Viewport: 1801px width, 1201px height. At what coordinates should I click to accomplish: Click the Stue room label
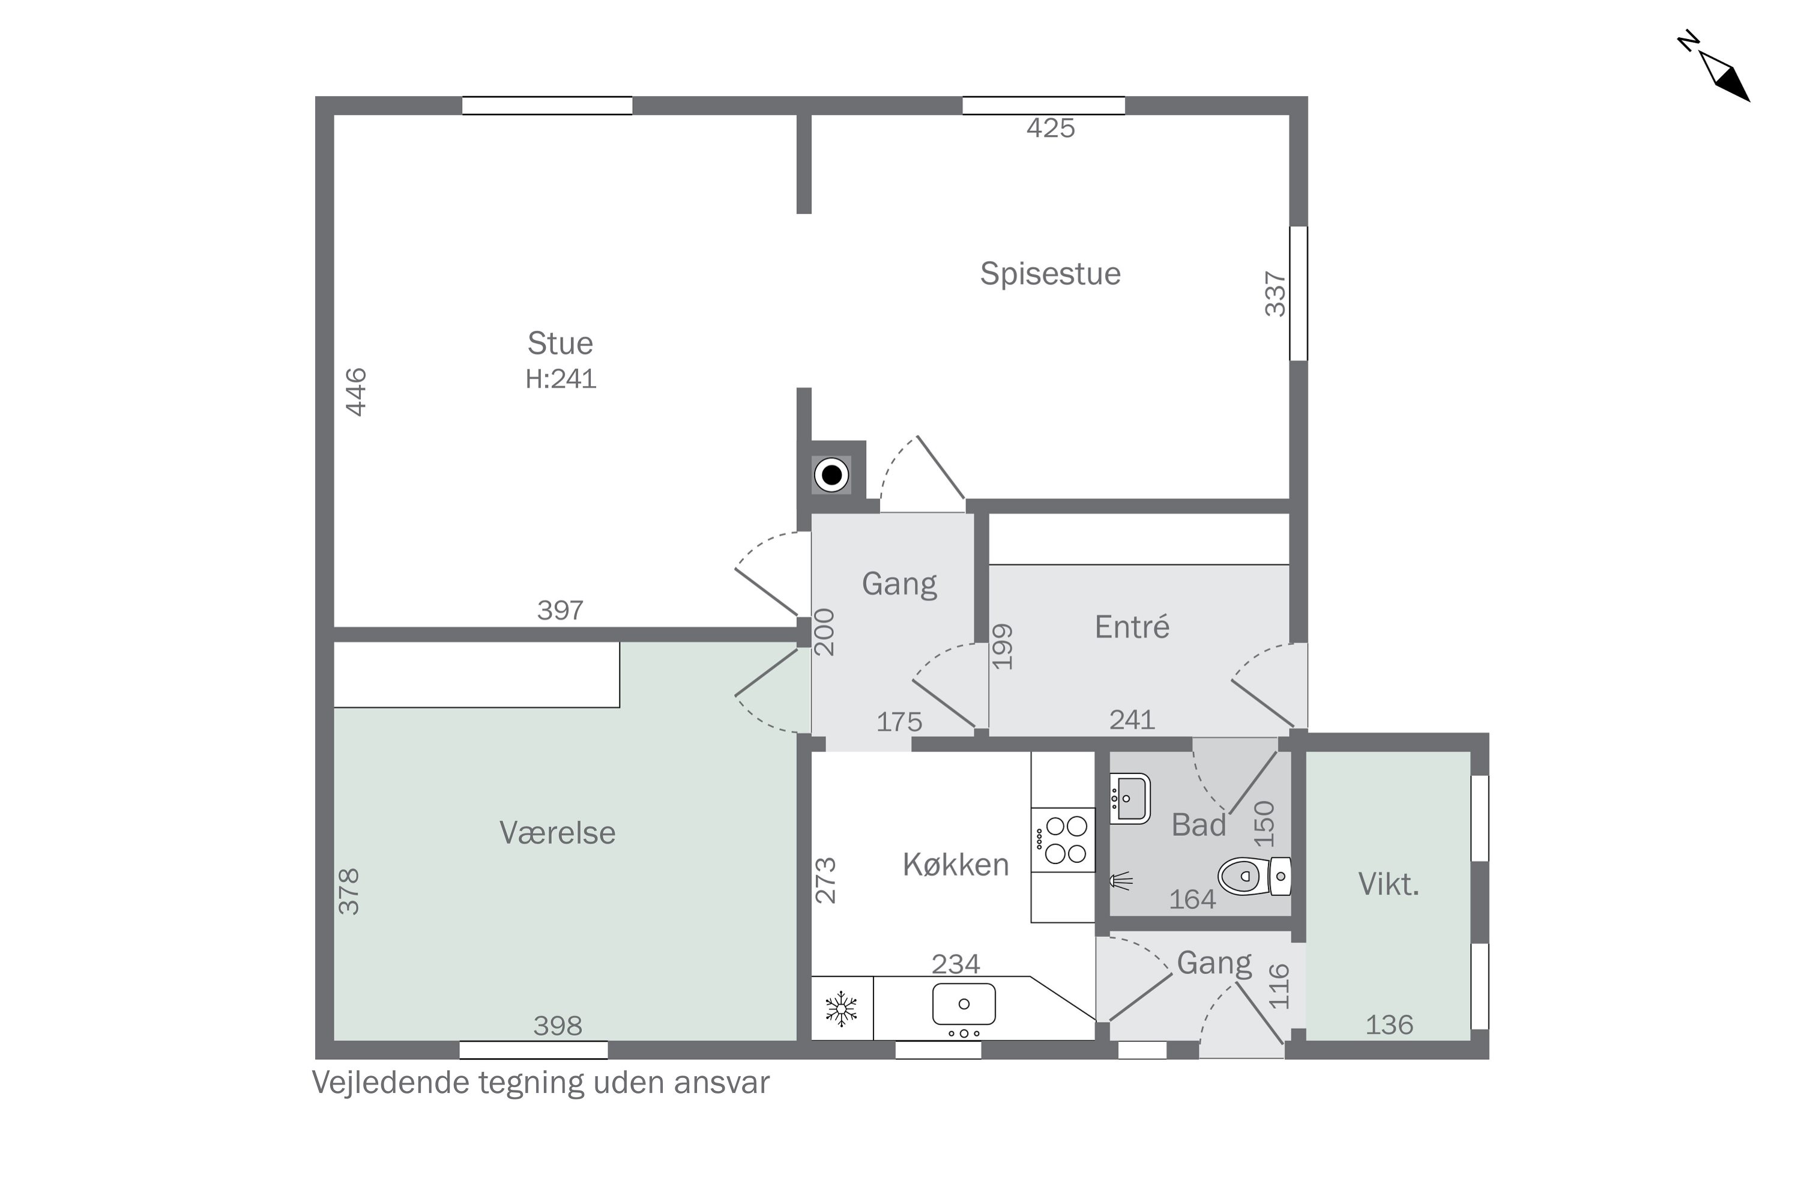point(560,343)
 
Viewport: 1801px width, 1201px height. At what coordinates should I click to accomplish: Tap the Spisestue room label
point(1050,273)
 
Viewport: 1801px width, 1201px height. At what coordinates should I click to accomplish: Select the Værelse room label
point(558,832)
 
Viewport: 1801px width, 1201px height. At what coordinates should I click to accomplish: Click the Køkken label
point(956,865)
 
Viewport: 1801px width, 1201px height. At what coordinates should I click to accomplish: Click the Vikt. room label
point(1388,885)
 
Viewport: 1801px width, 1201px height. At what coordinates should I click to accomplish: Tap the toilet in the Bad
point(1254,876)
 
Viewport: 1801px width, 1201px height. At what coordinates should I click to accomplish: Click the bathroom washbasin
point(1129,799)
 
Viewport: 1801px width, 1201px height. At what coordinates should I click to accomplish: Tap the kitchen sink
point(964,1004)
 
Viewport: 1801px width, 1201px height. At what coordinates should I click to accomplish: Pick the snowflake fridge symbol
point(841,1009)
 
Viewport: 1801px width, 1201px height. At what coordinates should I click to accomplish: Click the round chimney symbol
point(831,475)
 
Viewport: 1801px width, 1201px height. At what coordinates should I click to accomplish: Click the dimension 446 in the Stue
point(356,392)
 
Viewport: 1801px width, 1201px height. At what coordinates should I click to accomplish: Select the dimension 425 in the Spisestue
point(1051,128)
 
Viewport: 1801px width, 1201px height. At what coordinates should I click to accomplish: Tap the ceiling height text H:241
point(561,378)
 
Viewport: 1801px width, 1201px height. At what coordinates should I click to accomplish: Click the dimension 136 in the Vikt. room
point(1389,1025)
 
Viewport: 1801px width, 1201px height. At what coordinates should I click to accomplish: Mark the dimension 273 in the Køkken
point(825,880)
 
